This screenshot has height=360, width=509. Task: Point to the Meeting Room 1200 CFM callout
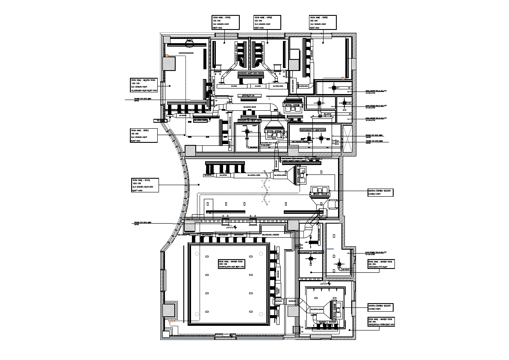(x=144, y=85)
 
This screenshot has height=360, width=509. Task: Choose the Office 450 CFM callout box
(x=144, y=135)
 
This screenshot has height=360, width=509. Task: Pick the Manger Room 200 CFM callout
(x=381, y=264)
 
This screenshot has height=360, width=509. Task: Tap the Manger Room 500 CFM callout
(x=381, y=322)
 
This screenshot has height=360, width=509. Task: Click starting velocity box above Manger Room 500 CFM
(x=380, y=308)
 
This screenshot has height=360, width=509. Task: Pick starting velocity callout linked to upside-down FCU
(x=380, y=192)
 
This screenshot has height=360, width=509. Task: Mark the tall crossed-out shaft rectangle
(x=347, y=138)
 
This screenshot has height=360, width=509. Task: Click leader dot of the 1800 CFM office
(x=198, y=185)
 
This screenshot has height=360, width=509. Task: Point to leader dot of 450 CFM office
(x=185, y=135)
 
